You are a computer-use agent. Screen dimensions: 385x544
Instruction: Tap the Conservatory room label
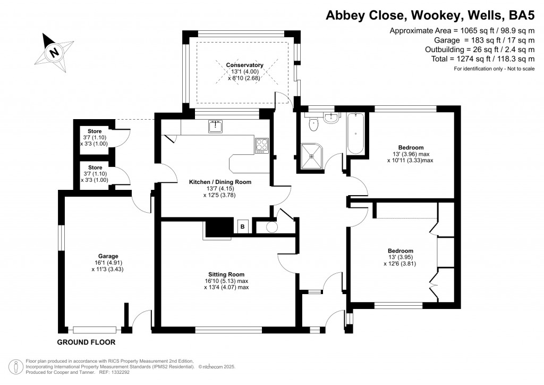pyautogui.click(x=244, y=65)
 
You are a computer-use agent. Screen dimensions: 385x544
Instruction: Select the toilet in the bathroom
pyautogui.click(x=314, y=124)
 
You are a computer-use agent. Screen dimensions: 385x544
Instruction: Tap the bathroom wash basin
pyautogui.click(x=331, y=118)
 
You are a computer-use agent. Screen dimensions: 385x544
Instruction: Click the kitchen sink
pyautogui.click(x=215, y=127)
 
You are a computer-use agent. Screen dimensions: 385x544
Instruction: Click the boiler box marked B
pyautogui.click(x=242, y=227)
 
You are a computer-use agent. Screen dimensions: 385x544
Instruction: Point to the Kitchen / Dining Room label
pyautogui.click(x=220, y=182)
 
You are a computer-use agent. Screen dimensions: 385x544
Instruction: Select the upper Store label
pyautogui.click(x=95, y=131)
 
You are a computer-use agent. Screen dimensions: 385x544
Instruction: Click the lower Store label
pyautogui.click(x=95, y=167)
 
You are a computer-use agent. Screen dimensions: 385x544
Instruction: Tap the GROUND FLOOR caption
pyautogui.click(x=86, y=342)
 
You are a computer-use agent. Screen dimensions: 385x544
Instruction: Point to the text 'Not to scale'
pyautogui.click(x=517, y=70)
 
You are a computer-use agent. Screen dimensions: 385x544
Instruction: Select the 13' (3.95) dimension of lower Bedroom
pyautogui.click(x=401, y=259)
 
